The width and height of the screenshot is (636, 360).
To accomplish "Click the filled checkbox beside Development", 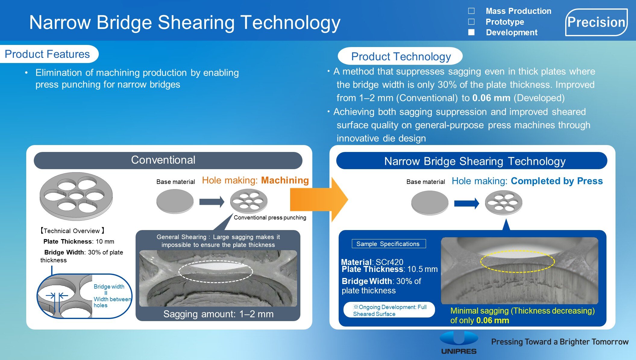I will [x=471, y=32].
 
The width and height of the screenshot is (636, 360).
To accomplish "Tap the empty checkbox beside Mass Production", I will [x=471, y=11].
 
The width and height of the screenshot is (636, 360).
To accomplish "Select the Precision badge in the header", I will [x=596, y=22].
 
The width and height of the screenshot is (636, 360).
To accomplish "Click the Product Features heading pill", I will [x=48, y=54].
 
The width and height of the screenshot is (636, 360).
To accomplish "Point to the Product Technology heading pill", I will [x=401, y=56].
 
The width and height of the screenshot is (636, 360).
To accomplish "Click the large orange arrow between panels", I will [x=318, y=199].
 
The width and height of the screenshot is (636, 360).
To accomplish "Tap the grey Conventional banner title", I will [x=163, y=160].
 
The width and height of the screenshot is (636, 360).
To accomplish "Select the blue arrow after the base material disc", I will [x=466, y=204].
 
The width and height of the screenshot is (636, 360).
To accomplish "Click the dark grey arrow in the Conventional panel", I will [x=211, y=202].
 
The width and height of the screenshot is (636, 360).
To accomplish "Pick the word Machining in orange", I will [x=285, y=180].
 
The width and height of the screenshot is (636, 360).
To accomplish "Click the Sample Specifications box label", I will [x=388, y=244].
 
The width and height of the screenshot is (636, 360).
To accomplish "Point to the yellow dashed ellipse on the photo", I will [x=517, y=261].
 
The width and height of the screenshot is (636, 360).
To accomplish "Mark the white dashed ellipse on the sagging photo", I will [x=215, y=271].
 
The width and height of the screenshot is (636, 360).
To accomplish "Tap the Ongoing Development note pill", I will [x=389, y=310].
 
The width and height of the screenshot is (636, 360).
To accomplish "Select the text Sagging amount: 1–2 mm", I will [x=218, y=314].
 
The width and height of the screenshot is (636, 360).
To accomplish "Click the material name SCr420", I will [x=389, y=262].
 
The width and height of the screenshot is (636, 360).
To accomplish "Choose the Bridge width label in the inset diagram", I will [x=109, y=286].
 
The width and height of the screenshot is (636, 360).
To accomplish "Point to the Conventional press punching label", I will [x=270, y=218].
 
